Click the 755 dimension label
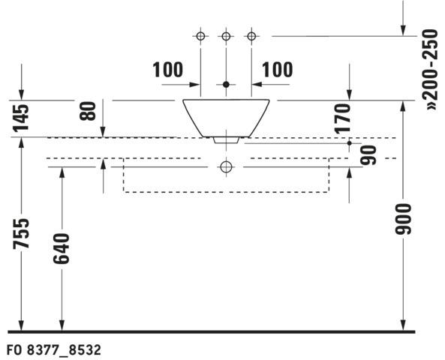pyautogui.click(x=21, y=233)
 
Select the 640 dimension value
pyautogui.click(x=62, y=248)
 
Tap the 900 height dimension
pyautogui.click(x=403, y=219)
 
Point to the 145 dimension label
pyautogui.click(x=21, y=118)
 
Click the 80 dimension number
pyautogui.click(x=88, y=111)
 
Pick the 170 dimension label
pyautogui.click(x=342, y=118)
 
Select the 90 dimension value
pyautogui.click(x=368, y=155)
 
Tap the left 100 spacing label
pyautogui.click(x=168, y=70)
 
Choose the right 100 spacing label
pyautogui.click(x=277, y=70)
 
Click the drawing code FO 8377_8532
pyautogui.click(x=54, y=350)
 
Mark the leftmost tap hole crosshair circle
pyautogui.click(x=200, y=36)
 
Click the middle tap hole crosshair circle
pyautogui.click(x=226, y=36)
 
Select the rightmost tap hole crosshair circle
pyautogui.click(x=251, y=36)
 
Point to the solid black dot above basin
pyautogui.click(x=226, y=85)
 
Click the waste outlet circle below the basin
pyautogui.click(x=226, y=166)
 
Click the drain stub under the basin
pyautogui.click(x=226, y=140)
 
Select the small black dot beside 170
pyautogui.click(x=350, y=143)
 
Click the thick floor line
pyautogui.click(x=212, y=331)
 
